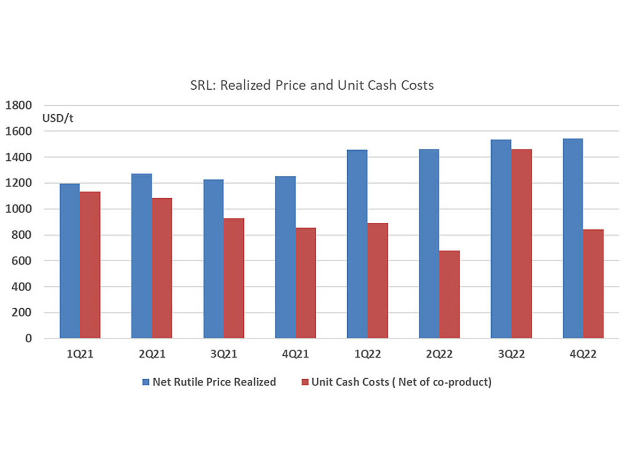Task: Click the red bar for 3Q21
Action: pos(234,278)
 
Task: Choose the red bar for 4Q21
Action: pos(306,283)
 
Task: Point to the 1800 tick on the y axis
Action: pos(19,105)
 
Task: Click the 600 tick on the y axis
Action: pos(22,261)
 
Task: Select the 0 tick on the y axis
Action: pos(29,339)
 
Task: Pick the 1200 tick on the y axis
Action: pos(19,183)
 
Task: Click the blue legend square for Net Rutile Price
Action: pos(146,382)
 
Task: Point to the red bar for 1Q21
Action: pos(90,264)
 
